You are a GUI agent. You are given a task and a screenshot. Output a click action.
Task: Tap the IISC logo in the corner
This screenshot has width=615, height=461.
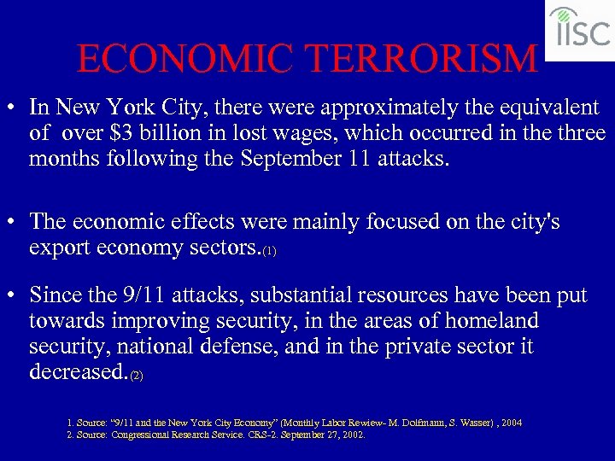point(579,29)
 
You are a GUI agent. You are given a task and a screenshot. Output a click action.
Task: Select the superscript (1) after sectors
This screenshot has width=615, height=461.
point(269,252)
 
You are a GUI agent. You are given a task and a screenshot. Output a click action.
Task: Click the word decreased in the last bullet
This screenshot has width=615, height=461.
point(77,372)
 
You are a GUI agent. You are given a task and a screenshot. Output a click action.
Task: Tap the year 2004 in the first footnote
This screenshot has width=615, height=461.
point(512,423)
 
